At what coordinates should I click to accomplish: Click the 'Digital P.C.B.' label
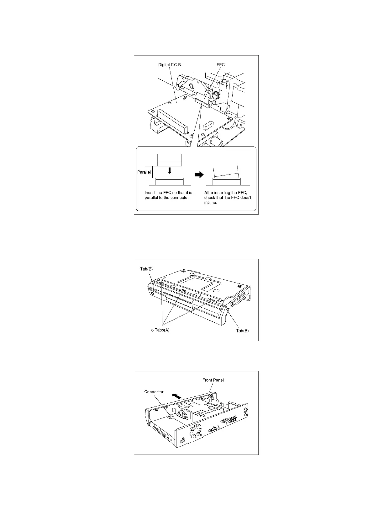tap(170, 65)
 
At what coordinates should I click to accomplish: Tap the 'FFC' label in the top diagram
tap(221, 65)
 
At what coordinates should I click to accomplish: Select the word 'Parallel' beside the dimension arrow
tap(144, 172)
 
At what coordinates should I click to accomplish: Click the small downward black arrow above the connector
tap(170, 170)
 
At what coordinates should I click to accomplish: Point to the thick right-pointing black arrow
tap(199, 175)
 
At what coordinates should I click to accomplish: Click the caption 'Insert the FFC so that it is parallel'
tap(168, 195)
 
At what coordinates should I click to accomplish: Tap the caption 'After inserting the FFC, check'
tap(228, 197)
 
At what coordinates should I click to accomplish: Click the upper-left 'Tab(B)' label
tap(146, 269)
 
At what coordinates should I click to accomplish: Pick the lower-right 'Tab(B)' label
tap(242, 331)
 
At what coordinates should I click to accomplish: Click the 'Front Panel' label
tap(213, 380)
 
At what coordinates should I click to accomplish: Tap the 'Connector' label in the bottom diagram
tap(154, 391)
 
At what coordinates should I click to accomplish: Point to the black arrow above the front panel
tap(177, 397)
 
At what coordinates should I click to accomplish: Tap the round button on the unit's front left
tap(152, 294)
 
